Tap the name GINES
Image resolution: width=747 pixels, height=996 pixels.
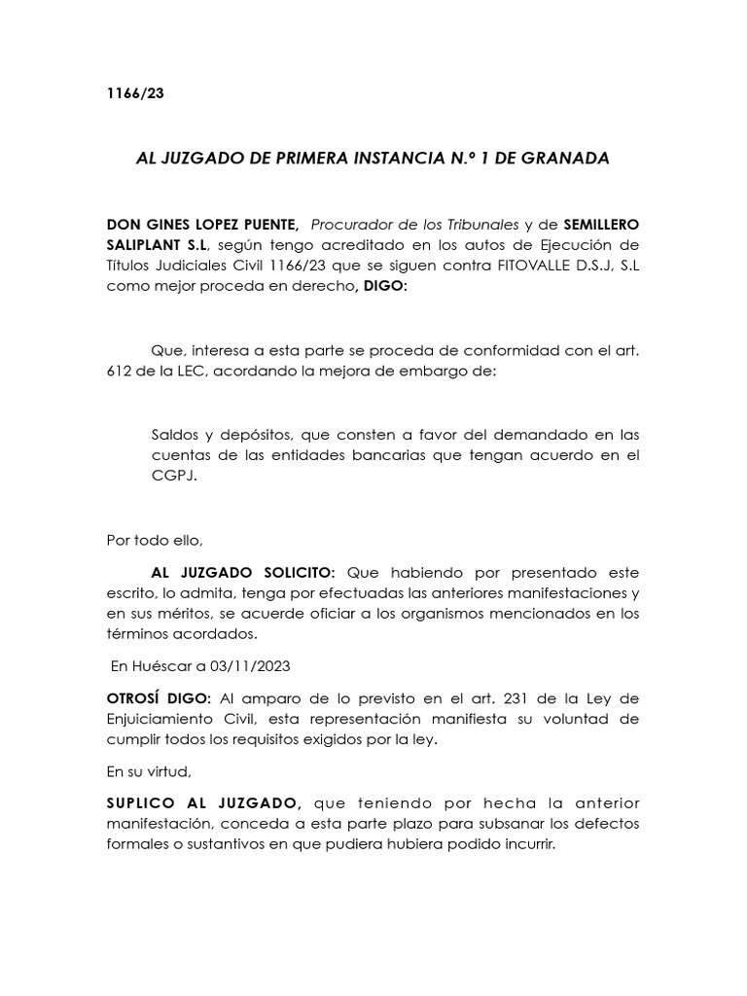[169, 224]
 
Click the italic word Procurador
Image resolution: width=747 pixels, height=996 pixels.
[350, 224]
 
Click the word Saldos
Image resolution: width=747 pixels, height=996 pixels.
[176, 434]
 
